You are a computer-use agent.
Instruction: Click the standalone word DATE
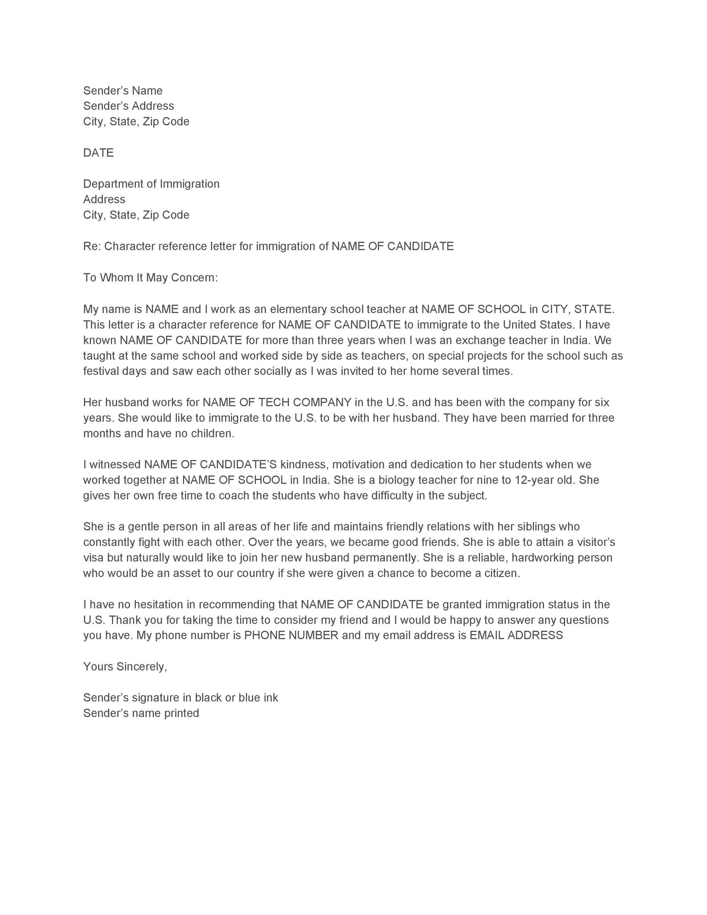point(98,153)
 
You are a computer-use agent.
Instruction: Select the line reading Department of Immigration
point(151,184)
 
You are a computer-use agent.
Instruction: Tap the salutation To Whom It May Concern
point(150,277)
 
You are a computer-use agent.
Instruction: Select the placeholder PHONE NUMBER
point(291,635)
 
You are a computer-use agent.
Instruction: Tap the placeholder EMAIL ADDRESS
point(516,635)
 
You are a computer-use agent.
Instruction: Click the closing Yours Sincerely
point(125,666)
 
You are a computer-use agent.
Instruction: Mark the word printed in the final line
point(182,713)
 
